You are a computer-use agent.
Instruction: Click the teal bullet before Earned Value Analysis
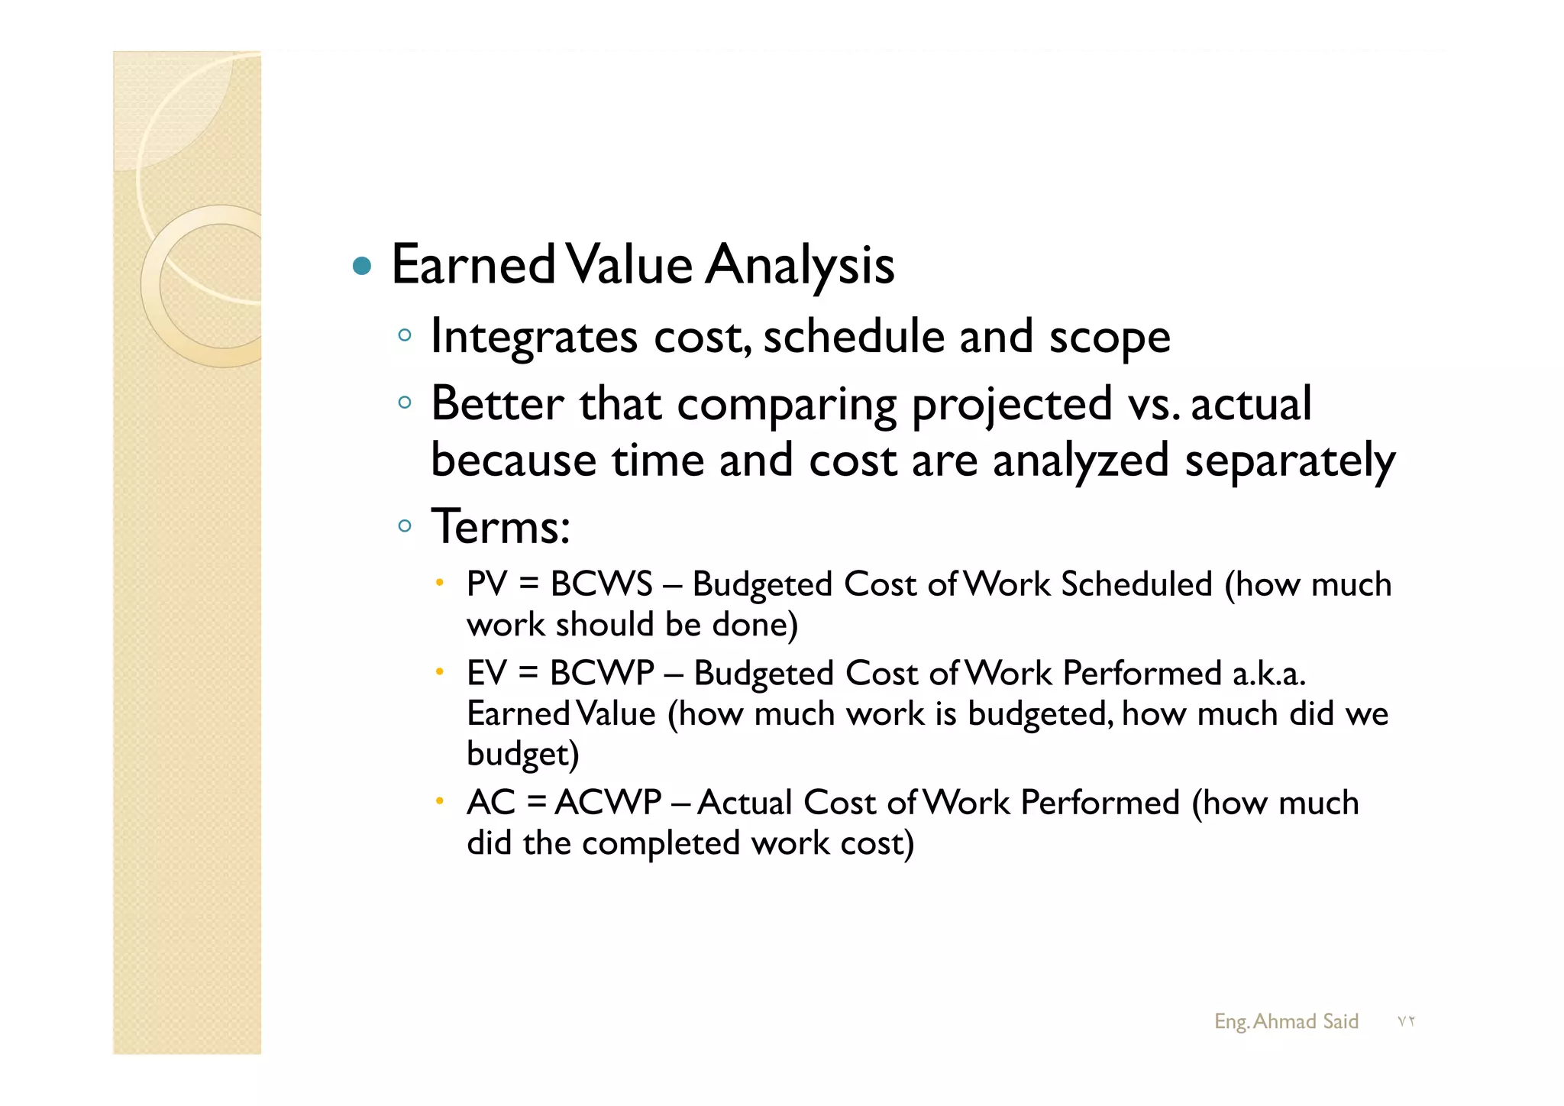(362, 267)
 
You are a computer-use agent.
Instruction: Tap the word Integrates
(534, 337)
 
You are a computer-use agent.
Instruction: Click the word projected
(1012, 404)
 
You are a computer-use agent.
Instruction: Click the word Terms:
(500, 527)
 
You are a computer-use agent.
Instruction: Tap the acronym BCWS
(602, 584)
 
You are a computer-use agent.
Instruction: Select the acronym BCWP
(602, 674)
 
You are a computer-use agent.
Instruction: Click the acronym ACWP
(608, 803)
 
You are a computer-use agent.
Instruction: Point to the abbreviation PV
(486, 584)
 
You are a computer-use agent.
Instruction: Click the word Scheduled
(1136, 584)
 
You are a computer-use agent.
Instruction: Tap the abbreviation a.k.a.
(1268, 674)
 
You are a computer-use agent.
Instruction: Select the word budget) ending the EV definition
(523, 755)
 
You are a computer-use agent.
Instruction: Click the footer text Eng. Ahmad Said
(1286, 1021)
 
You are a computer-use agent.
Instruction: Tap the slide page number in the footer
(1406, 1022)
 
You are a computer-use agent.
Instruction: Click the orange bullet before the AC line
(439, 801)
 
